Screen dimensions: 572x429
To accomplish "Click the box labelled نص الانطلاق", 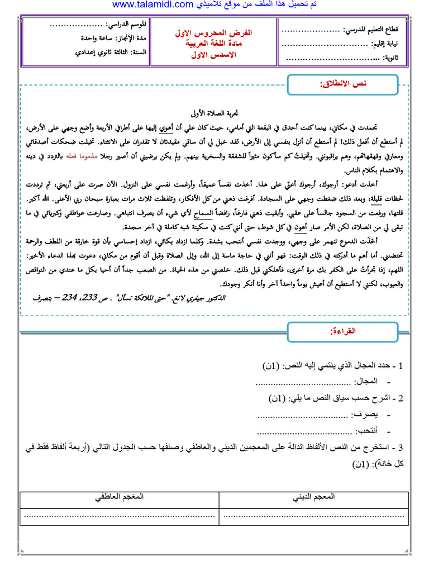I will coord(341,84).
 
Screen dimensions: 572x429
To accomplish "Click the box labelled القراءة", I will coord(341,332).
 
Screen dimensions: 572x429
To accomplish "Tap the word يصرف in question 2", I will coord(366,415).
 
